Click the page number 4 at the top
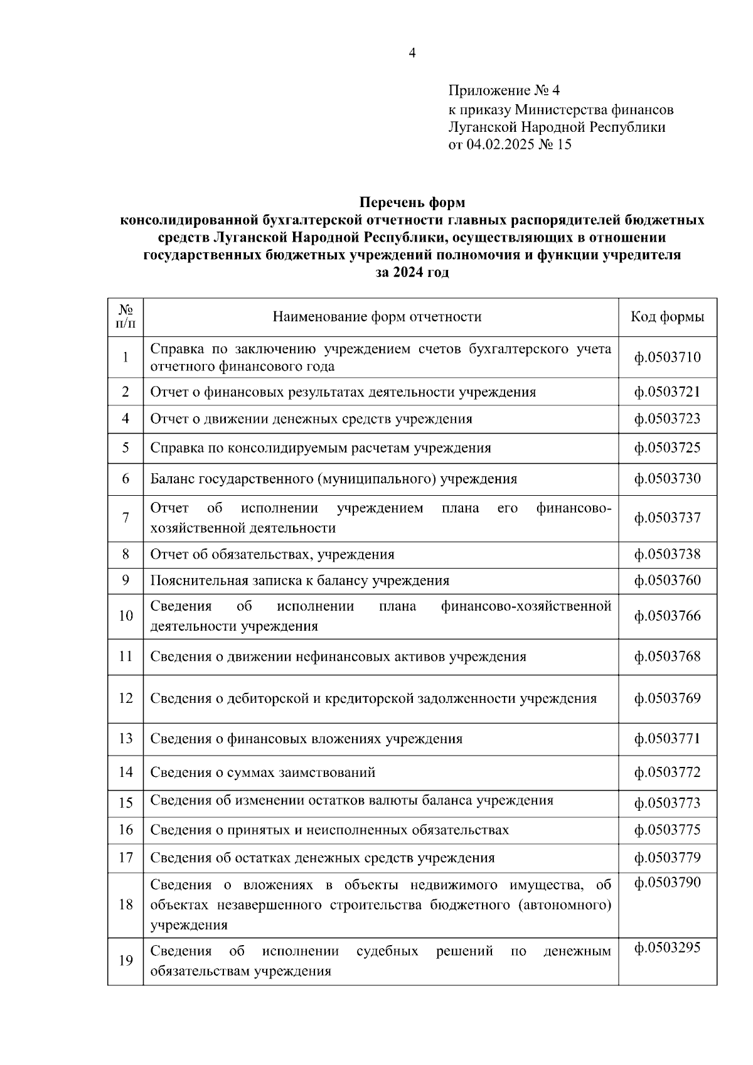[x=412, y=53]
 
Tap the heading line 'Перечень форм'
[x=412, y=203]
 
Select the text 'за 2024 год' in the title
[x=412, y=273]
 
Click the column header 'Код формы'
[x=667, y=317]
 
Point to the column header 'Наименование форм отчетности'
[x=377, y=317]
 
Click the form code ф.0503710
[x=667, y=357]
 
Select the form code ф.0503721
[x=667, y=392]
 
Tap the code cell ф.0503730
[x=667, y=479]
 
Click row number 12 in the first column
[x=125, y=698]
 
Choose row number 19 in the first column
[x=125, y=961]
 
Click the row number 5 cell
[x=125, y=447]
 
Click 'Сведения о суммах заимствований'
[x=262, y=773]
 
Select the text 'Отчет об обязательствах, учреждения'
[x=272, y=555]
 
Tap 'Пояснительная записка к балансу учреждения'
[x=299, y=581]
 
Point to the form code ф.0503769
[x=667, y=698]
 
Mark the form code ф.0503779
[x=667, y=857]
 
